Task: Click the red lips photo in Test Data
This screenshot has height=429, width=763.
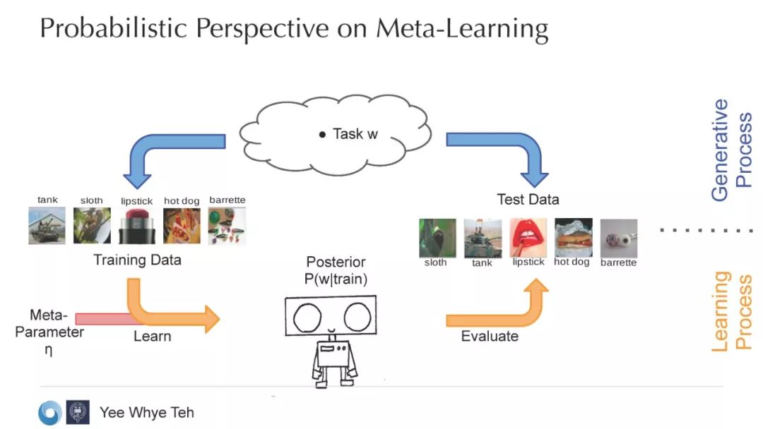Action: tap(527, 237)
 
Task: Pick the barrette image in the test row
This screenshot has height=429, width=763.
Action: tap(618, 238)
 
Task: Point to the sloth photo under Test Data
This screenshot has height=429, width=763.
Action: tap(437, 238)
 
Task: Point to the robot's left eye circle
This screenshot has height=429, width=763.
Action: tap(308, 319)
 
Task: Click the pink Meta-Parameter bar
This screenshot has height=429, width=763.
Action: tap(106, 319)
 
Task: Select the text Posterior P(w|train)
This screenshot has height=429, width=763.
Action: tap(336, 271)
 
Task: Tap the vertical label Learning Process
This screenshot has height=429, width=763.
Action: tap(731, 310)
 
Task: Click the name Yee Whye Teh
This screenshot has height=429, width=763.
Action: tap(146, 413)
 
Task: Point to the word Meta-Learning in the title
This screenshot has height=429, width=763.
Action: tap(462, 30)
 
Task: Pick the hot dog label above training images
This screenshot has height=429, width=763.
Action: tap(182, 201)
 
